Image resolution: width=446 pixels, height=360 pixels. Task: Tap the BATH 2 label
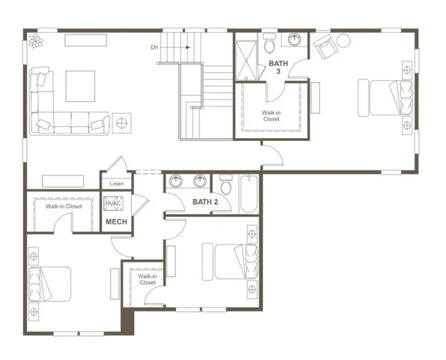pos(204,202)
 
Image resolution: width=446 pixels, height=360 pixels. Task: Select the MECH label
pos(115,222)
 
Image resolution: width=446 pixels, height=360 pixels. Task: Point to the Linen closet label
pos(116,184)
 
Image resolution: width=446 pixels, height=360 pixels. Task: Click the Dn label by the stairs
pos(154,47)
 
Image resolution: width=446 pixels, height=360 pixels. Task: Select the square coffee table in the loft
pos(80,85)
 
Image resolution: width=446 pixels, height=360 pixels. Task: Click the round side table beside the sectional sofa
pos(121,121)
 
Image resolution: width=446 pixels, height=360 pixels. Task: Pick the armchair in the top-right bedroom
pos(325,47)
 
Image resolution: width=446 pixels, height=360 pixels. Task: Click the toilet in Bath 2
pos(226,183)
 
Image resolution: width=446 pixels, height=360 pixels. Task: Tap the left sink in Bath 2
pos(175,181)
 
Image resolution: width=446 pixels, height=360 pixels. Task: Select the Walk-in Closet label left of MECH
pos(63,206)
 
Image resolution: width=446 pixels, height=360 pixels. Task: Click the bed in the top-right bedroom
pos(388,97)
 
